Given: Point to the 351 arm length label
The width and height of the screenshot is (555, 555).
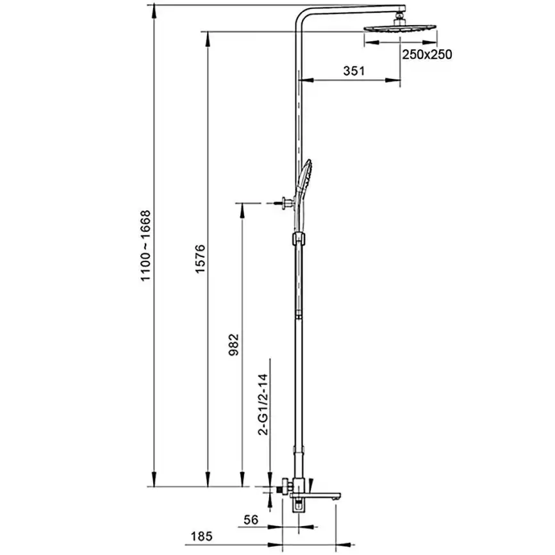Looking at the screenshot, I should (353, 71).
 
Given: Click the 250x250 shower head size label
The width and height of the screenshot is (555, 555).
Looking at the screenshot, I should (427, 55).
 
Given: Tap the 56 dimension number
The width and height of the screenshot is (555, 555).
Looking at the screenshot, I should (253, 520).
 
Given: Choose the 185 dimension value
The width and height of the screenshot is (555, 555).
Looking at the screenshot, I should (201, 536).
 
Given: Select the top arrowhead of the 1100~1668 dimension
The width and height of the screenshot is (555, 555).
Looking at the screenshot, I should (154, 12).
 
